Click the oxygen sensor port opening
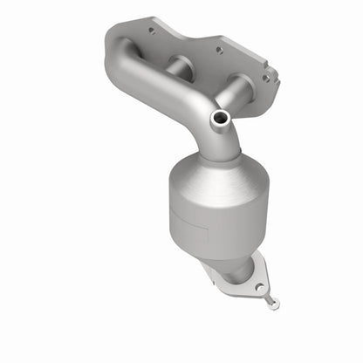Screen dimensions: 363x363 pyautogui.click(x=219, y=117)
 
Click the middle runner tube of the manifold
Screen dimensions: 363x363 pyautogui.click(x=179, y=66)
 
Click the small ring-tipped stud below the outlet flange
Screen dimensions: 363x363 pyautogui.click(x=275, y=305)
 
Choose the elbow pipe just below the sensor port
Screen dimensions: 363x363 pyautogui.click(x=223, y=140)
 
